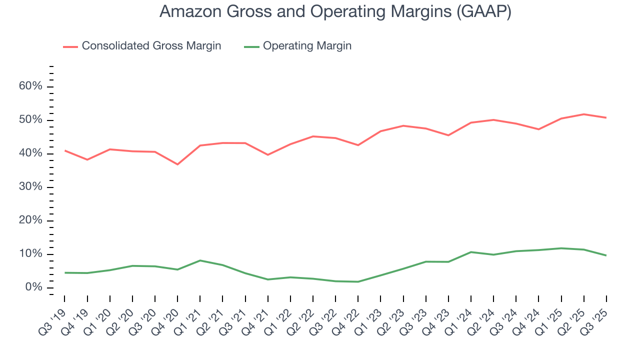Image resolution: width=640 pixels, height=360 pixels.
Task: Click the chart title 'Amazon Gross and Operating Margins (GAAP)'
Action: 335,12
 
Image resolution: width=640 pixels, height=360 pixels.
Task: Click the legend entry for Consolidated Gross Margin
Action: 142,46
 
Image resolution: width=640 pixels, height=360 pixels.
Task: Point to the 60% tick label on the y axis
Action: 30,86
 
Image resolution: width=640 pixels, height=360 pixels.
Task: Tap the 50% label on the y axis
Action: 30,120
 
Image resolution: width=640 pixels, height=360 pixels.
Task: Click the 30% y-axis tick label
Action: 30,187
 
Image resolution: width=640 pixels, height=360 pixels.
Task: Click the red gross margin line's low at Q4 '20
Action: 177,164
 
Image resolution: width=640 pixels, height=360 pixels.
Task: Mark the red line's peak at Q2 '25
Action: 583,114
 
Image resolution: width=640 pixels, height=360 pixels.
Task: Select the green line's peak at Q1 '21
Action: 200,260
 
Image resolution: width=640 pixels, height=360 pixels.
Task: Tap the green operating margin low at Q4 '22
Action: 358,281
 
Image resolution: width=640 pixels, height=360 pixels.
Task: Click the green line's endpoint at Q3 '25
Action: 606,255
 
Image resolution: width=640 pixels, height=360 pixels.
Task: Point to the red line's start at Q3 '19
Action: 65,150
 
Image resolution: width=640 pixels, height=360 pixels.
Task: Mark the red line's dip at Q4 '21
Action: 267,155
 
